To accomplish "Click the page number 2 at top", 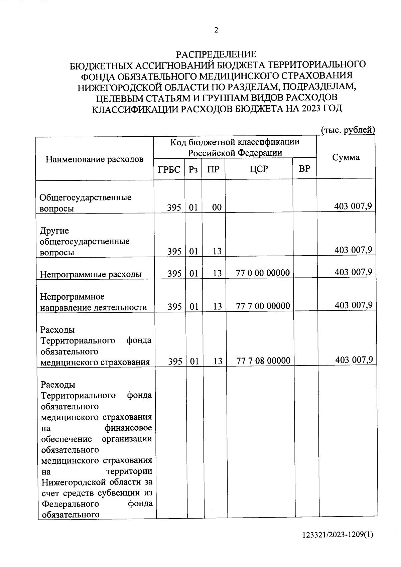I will tap(216, 30).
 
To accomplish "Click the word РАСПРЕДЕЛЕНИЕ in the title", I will tap(216, 54).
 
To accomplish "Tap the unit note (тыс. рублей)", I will tap(348, 130).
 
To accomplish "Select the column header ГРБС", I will tap(169, 169).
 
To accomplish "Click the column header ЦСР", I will tap(259, 169).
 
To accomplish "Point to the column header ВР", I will tap(304, 169).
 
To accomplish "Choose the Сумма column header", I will tap(346, 157).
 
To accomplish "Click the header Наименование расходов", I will tap(95, 159).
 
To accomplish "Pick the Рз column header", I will tap(193, 169).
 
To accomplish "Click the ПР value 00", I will tap(217, 207).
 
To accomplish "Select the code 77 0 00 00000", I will tap(263, 273).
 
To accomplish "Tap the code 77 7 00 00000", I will tap(263, 306).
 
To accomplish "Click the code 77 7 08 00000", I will tap(263, 361).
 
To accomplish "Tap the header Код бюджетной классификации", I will tap(235, 142).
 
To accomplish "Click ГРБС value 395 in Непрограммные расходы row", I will tap(174, 273).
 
